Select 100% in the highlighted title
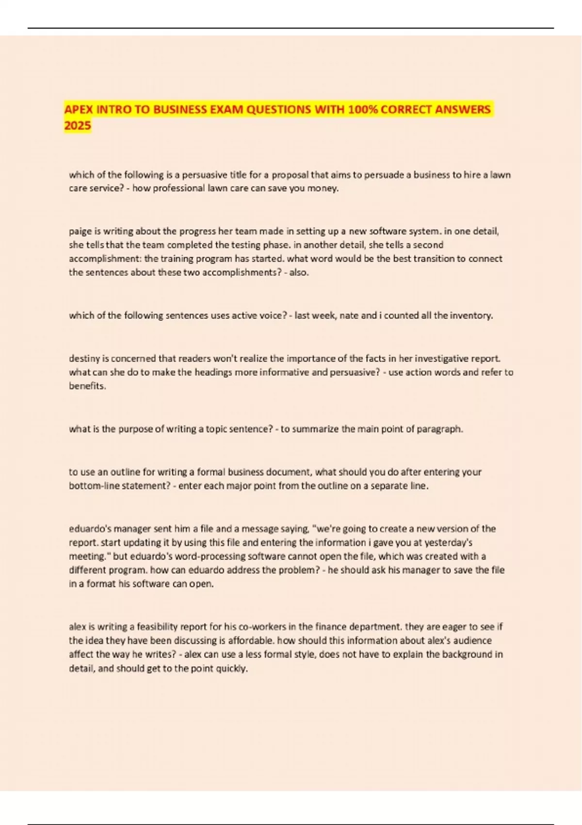point(362,110)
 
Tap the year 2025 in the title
point(78,126)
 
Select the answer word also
point(298,272)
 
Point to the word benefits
point(87,386)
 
